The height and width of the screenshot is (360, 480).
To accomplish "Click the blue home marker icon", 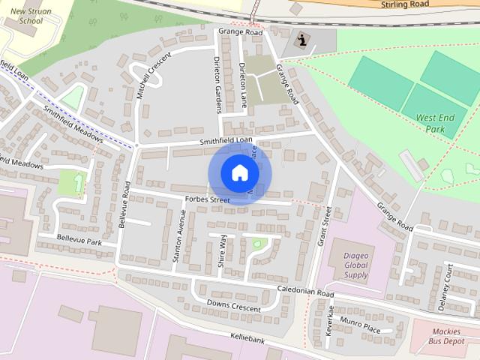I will click(x=238, y=172).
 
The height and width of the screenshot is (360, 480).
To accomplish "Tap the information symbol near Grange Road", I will click(x=301, y=40).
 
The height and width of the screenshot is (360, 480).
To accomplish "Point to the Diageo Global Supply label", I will click(x=355, y=265).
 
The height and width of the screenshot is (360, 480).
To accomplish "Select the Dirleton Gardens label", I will click(x=217, y=83).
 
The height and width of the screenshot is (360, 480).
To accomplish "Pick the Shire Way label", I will click(x=222, y=251).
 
